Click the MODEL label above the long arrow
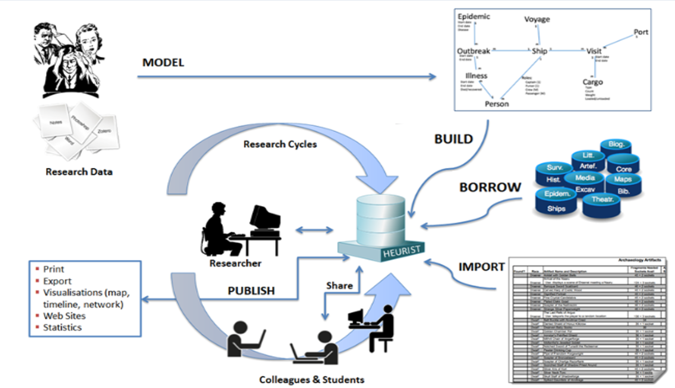pyautogui.click(x=163, y=63)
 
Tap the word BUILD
pyautogui.click(x=453, y=139)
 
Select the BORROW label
pyautogui.click(x=490, y=187)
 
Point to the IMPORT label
pyautogui.click(x=481, y=267)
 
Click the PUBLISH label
pyautogui.click(x=251, y=291)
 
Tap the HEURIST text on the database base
pyautogui.click(x=401, y=252)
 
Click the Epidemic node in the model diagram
pyautogui.click(x=474, y=16)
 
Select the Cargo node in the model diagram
pyautogui.click(x=592, y=82)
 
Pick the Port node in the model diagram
pyautogui.click(x=640, y=32)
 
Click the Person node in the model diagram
pyautogui.click(x=496, y=104)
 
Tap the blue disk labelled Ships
pyautogui.click(x=556, y=208)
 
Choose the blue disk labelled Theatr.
pyautogui.click(x=602, y=200)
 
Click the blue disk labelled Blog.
pyautogui.click(x=616, y=144)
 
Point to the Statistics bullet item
pyautogui.click(x=62, y=328)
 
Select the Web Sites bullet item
pyautogui.click(x=64, y=316)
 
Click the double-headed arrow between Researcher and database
pyautogui.click(x=314, y=230)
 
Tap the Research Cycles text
pyautogui.click(x=280, y=144)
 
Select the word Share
pyautogui.click(x=339, y=285)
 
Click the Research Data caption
pyautogui.click(x=79, y=172)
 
